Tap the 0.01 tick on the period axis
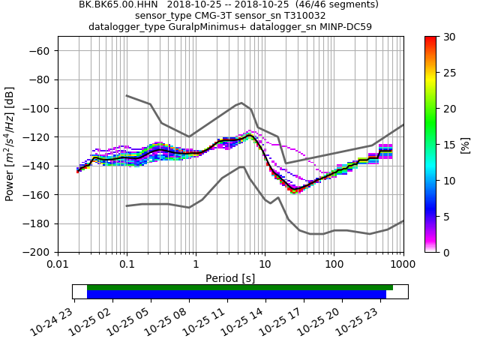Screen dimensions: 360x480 click(58, 265)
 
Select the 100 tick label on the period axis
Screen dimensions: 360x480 click(334, 265)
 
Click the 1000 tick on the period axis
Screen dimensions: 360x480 click(403, 265)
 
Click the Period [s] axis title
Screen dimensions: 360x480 click(230, 278)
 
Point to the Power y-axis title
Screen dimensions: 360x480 click(10, 144)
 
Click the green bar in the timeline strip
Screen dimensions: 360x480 click(240, 287)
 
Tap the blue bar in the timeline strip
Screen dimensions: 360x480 click(236, 295)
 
